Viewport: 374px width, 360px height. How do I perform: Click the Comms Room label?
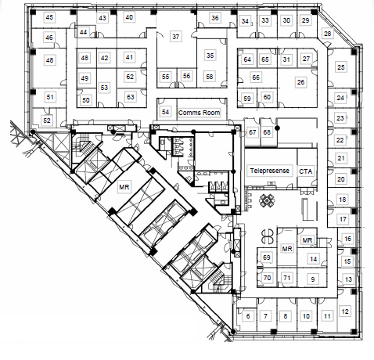199,113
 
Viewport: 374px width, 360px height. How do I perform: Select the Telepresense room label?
270,171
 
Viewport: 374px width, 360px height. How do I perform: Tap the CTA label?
306,171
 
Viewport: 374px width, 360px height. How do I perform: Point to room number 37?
176,37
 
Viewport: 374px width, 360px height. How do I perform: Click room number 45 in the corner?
49,17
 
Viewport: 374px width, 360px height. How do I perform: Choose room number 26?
300,82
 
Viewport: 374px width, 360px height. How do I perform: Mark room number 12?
345,311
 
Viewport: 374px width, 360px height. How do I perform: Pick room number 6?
248,316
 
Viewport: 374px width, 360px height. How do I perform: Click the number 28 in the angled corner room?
328,34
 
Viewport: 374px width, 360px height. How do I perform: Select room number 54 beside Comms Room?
165,112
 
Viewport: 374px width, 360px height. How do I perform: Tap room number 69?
267,257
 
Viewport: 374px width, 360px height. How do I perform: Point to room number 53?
104,88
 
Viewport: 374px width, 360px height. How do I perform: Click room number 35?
210,56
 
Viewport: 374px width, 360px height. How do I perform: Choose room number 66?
256,77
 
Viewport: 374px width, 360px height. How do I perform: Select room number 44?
83,32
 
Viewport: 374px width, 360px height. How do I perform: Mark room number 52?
47,121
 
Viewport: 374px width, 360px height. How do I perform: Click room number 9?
313,279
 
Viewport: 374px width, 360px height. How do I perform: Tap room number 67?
252,132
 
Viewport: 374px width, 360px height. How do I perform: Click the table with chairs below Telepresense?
267,200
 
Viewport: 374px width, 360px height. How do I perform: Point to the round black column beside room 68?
278,128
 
